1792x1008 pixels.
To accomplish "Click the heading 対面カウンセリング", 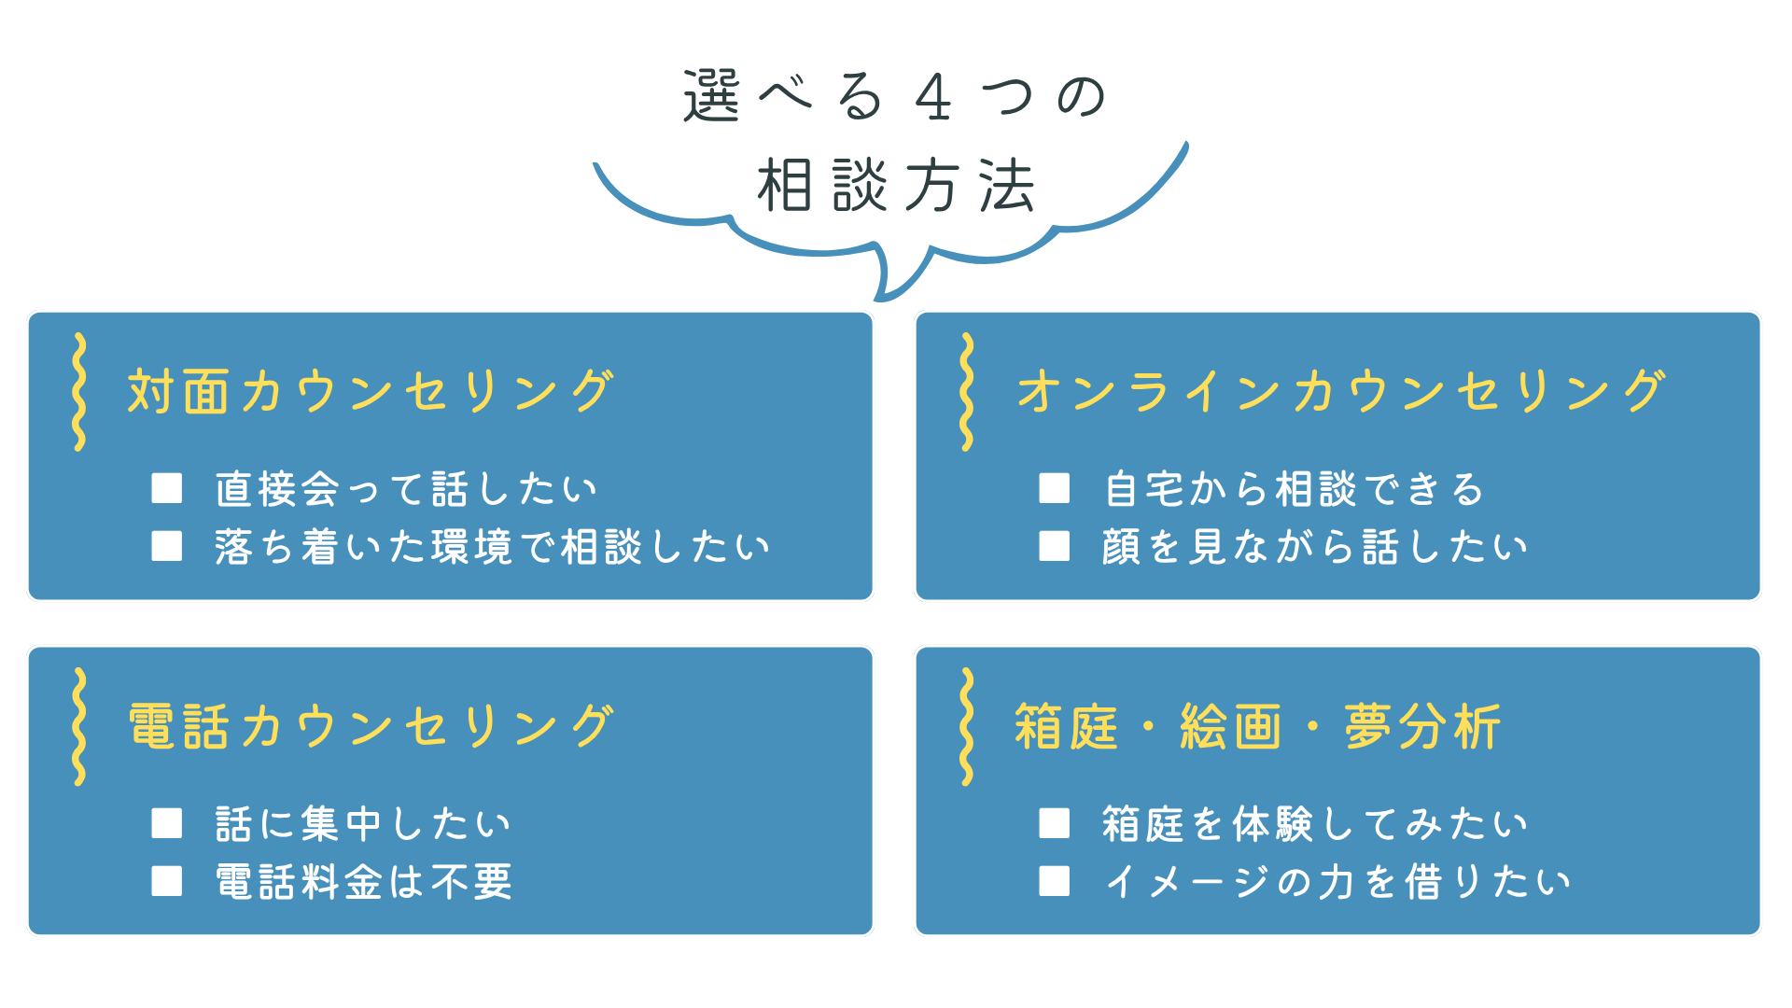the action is pos(371,391).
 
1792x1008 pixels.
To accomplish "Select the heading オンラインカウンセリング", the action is pos(1341,391).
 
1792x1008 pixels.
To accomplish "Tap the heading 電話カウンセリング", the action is pos(371,726).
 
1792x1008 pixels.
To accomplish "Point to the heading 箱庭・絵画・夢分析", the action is pos(1257,726).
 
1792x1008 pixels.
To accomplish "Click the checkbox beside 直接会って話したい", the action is pos(167,488).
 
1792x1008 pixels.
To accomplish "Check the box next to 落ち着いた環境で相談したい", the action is pos(167,546).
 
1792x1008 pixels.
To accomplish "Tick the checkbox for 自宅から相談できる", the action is pos(1055,488).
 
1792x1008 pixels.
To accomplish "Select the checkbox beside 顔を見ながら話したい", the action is pos(1055,546).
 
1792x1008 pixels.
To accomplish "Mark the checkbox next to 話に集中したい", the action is pos(167,823).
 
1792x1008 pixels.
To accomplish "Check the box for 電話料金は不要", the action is pos(167,881).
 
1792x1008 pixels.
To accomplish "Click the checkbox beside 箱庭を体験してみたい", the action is pos(1055,823).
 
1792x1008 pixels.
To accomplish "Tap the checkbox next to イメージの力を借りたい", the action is pos(1055,881).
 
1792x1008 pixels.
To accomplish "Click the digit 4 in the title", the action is pos(933,97).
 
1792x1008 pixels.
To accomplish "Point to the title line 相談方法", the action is pos(896,185).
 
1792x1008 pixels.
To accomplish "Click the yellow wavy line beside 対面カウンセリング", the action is pos(79,392).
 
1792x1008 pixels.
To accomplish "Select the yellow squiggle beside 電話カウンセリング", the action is pos(79,726).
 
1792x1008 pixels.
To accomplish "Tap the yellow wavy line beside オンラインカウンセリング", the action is pos(967,392).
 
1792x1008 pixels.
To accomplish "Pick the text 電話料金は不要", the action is pos(364,881).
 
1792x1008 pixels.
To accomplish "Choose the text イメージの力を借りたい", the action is pos(1337,881).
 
